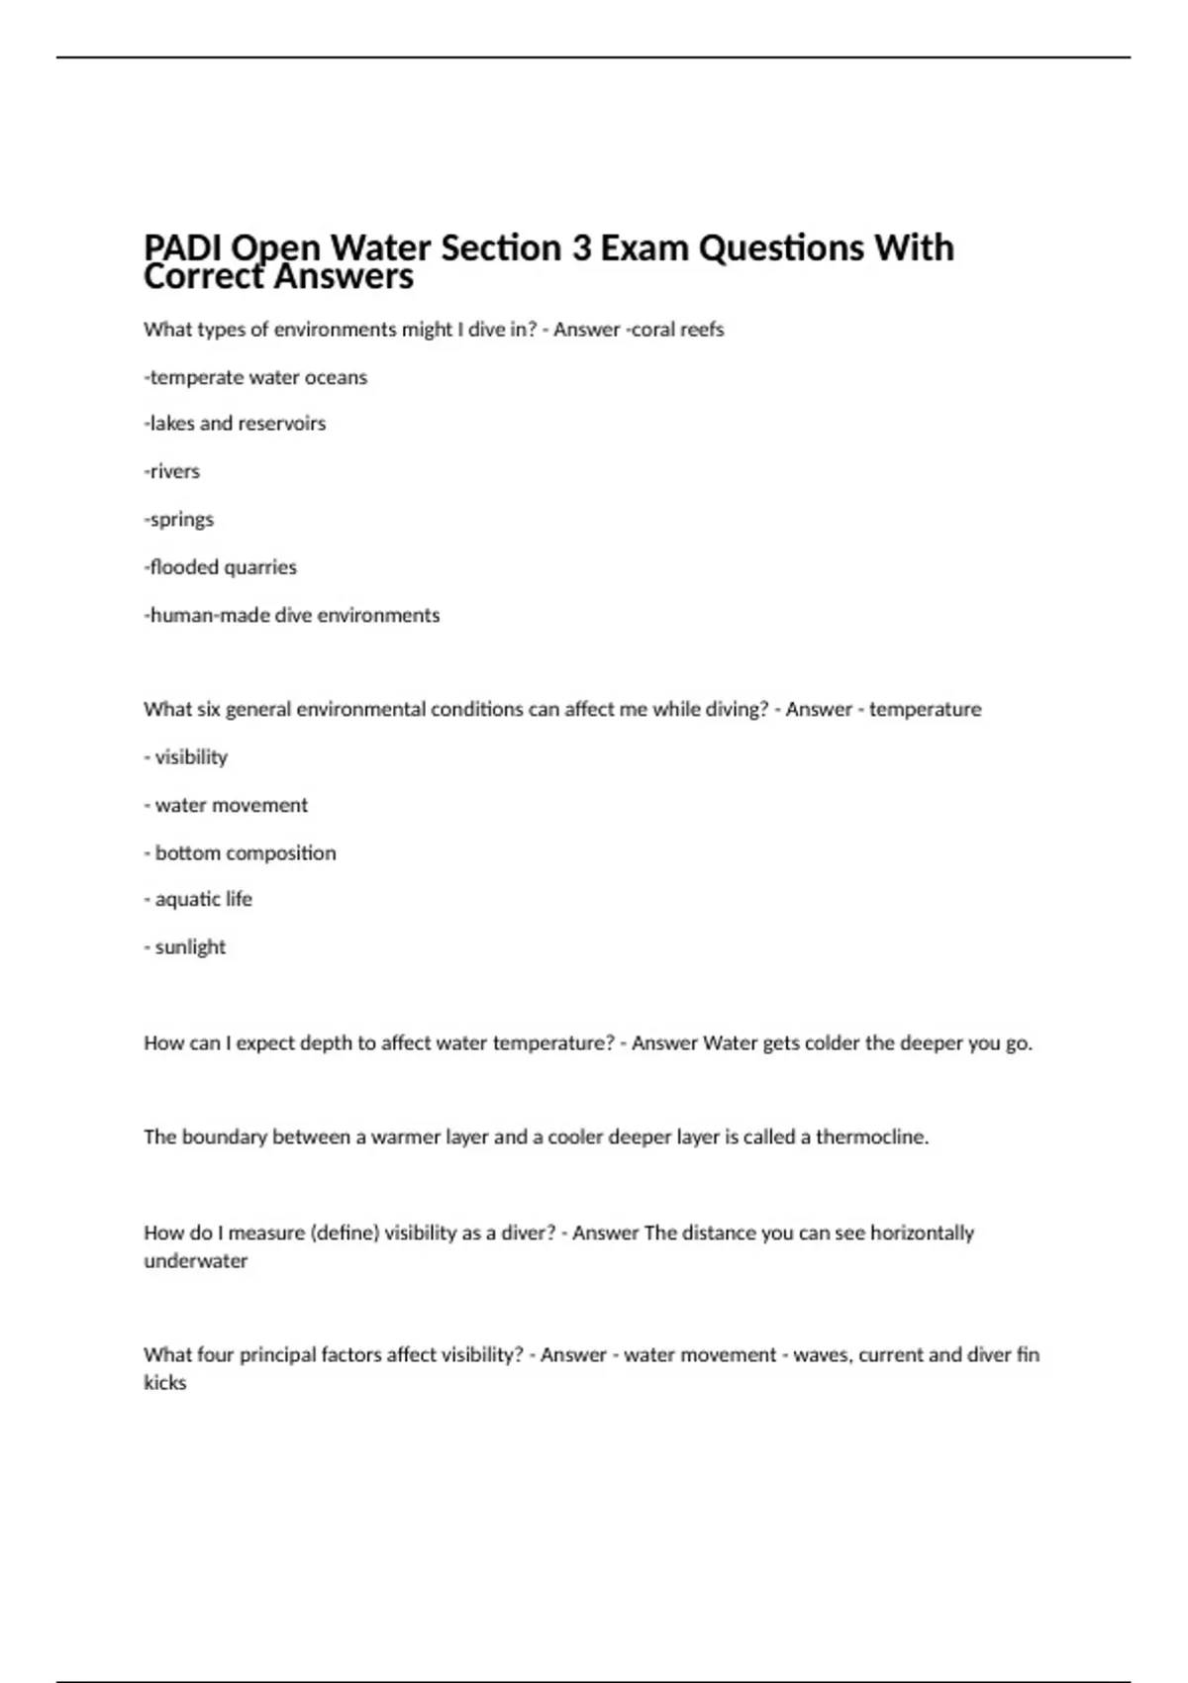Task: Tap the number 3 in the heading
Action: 581,247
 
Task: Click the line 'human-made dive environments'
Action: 292,615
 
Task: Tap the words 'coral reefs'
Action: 678,330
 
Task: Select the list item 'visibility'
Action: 191,757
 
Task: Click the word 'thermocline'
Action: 870,1138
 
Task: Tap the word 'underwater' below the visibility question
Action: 196,1261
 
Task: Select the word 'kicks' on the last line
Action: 165,1383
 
